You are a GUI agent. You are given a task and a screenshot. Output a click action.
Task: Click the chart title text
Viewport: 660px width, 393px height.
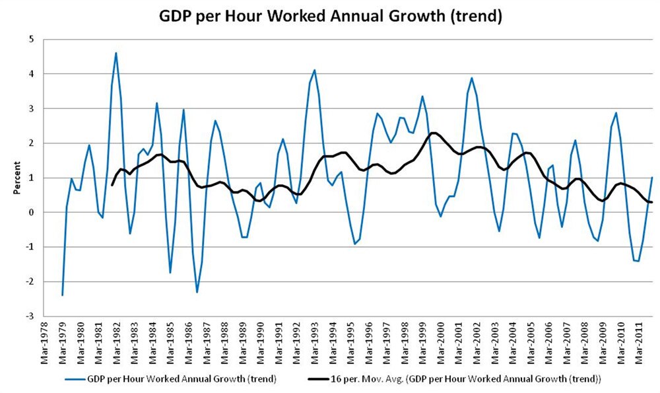(331, 17)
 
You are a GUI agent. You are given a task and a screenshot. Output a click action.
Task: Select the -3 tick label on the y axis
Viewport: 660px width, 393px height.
(29, 316)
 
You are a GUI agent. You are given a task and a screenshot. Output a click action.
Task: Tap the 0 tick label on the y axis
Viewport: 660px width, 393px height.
(30, 212)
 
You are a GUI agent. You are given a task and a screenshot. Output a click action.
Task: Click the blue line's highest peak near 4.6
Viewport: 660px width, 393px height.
(116, 53)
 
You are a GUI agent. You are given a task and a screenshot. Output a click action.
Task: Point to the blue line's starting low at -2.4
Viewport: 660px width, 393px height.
(62, 295)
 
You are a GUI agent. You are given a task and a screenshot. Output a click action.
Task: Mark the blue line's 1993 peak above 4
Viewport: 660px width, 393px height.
(315, 70)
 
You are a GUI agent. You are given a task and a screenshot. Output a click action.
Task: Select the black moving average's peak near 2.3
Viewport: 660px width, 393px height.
(434, 133)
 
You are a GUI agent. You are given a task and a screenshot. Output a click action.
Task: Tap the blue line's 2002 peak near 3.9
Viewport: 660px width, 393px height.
(472, 78)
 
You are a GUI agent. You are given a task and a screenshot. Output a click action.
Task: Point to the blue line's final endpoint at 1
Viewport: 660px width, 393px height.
(652, 178)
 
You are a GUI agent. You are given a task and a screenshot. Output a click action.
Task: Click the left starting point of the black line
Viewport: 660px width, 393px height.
(112, 185)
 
